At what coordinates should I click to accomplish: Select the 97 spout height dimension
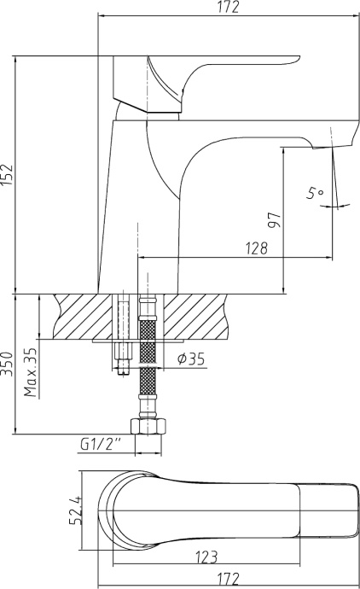point(274,220)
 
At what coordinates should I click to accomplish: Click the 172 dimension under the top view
point(226,579)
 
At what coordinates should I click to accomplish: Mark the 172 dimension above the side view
point(226,8)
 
